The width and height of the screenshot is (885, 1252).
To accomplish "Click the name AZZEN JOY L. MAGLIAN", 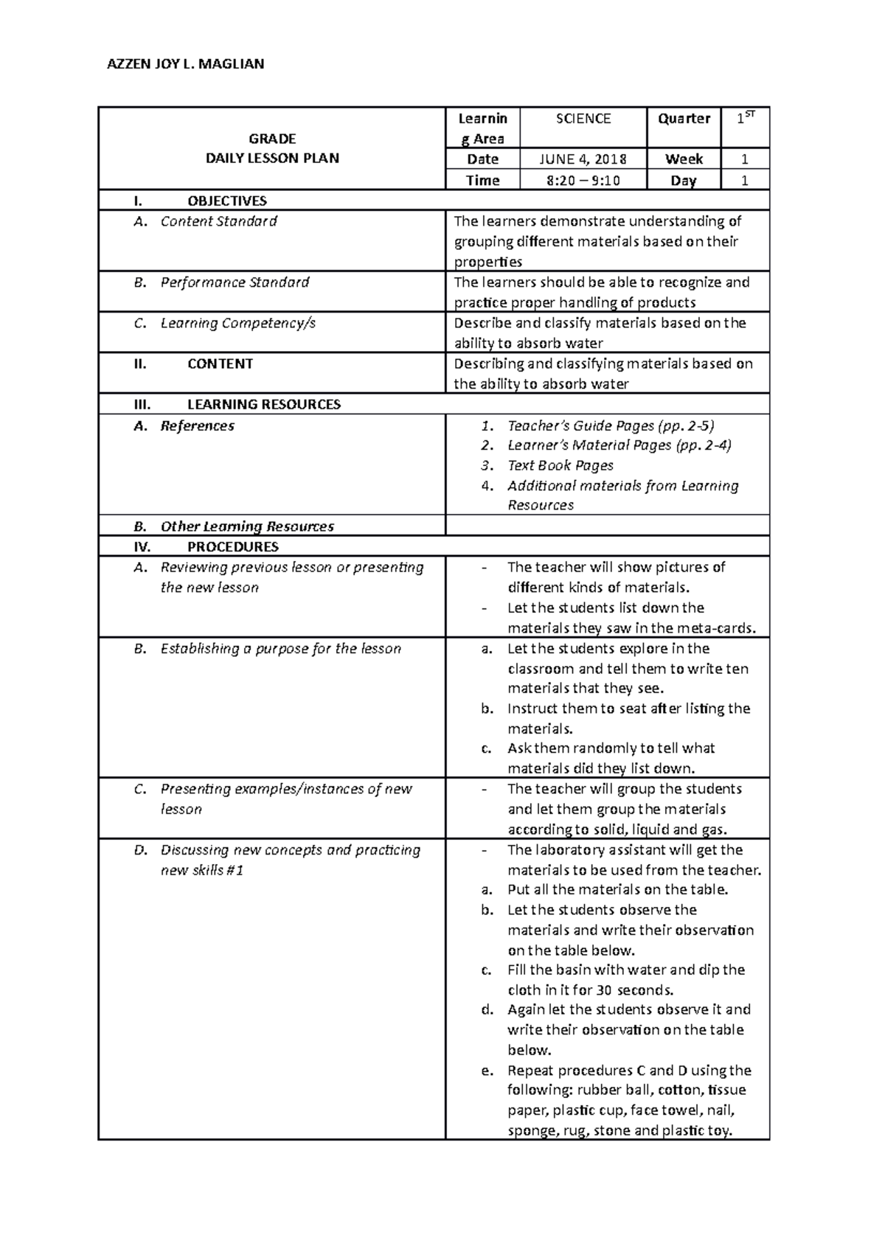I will pyautogui.click(x=185, y=64).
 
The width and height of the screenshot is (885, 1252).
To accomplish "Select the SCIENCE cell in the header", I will pyautogui.click(x=583, y=119).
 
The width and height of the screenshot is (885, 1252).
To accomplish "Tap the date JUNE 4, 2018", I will pyautogui.click(x=583, y=159).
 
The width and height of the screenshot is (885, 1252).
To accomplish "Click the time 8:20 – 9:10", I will pyautogui.click(x=583, y=181).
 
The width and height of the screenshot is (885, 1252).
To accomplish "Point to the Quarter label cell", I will pyautogui.click(x=684, y=119).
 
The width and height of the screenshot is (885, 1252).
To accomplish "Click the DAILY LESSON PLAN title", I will pyautogui.click(x=272, y=158).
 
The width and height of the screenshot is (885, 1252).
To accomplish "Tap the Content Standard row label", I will pyautogui.click(x=218, y=221).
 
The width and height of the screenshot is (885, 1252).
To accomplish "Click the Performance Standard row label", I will pyautogui.click(x=235, y=282).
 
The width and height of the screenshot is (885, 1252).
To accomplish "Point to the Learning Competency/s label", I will pyautogui.click(x=237, y=323).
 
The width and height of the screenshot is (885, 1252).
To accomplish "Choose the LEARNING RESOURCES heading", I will pyautogui.click(x=263, y=404).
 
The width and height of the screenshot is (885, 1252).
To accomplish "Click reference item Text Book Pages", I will pyautogui.click(x=560, y=465).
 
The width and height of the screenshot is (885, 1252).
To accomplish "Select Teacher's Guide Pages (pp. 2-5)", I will pyautogui.click(x=611, y=425).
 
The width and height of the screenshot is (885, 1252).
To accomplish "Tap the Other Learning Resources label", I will pyautogui.click(x=247, y=526).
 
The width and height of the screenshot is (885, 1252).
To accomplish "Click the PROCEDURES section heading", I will pyautogui.click(x=232, y=546).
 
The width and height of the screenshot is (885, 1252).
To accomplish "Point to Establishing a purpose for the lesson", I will pyautogui.click(x=280, y=649).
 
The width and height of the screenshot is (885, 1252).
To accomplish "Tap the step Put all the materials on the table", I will pyautogui.click(x=617, y=889).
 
